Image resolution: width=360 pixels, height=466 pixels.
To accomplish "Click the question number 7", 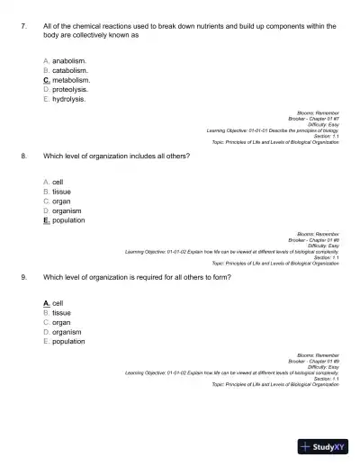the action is coord(22,27).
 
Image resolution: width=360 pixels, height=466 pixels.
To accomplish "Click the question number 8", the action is coord(22,156).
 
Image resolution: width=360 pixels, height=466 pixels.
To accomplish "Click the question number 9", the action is coord(22,277).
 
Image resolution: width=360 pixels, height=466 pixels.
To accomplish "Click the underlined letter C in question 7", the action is coord(46,80).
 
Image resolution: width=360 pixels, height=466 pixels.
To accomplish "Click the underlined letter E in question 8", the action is coord(46,220).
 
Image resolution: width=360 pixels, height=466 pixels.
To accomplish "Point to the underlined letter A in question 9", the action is coord(46,303).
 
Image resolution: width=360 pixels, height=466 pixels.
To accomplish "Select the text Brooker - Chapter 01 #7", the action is coord(314,119).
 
